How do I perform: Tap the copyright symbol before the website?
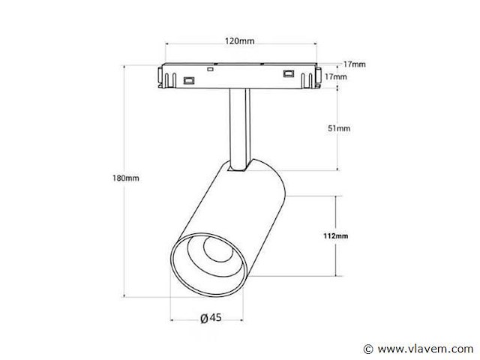367,349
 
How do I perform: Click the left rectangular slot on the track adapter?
190,79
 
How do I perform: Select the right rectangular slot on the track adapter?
287,73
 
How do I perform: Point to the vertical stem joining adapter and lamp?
238,127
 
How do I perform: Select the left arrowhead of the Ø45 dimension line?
173,319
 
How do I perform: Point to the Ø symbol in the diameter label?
203,319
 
